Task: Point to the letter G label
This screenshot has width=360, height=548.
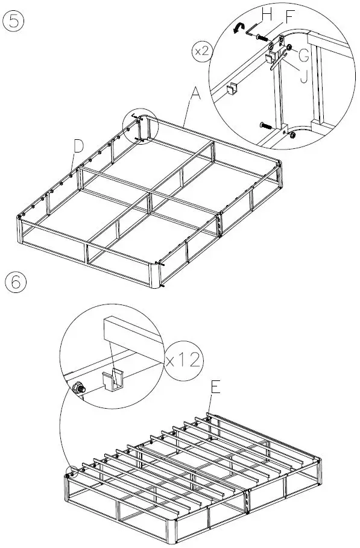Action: click(303, 55)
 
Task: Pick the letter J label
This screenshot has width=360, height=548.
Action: click(303, 77)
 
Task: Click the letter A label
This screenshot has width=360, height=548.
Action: click(195, 94)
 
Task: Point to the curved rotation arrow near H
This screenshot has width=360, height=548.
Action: click(239, 27)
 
